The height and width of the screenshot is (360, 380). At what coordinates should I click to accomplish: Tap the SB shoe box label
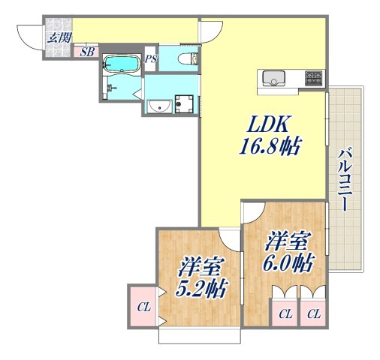point(87,52)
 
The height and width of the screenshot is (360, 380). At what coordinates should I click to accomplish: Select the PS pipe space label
point(151,59)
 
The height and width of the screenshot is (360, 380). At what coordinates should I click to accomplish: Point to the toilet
point(187,61)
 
